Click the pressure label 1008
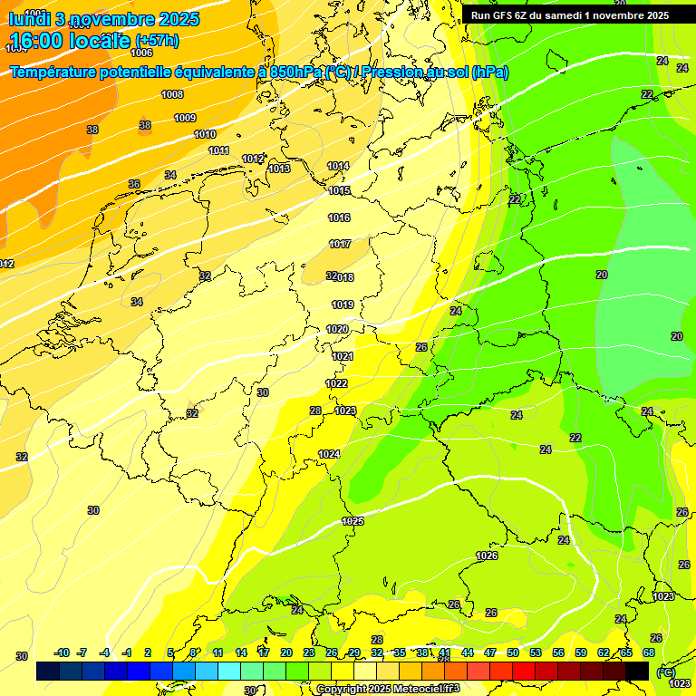coord(172,94)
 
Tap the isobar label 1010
coord(205,134)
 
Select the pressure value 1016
coord(340,217)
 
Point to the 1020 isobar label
coord(338,329)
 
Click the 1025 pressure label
coord(353,521)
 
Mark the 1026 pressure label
coord(487,556)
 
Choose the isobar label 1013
coord(279,169)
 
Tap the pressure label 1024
coord(329,454)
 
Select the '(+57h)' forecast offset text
coord(156,41)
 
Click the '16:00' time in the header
coord(38,41)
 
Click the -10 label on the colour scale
coord(62,652)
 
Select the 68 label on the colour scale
coord(649,652)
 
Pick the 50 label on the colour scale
coord(513,652)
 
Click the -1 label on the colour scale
coord(127,652)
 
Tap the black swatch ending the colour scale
coord(637,671)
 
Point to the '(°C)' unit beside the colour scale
coord(665,672)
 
